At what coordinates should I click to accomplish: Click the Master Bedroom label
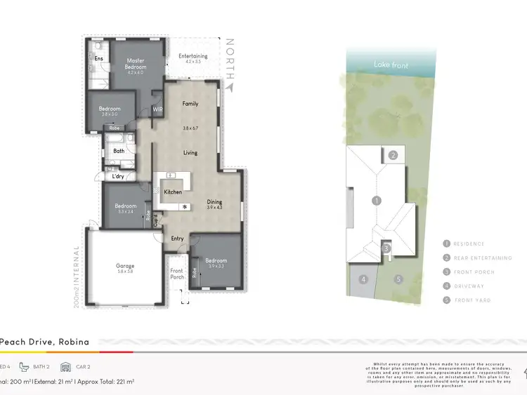pyautogui.click(x=135, y=61)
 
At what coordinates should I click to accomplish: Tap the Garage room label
pyautogui.click(x=125, y=266)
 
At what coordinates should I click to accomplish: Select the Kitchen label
pyautogui.click(x=173, y=192)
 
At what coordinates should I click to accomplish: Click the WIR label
pyautogui.click(x=157, y=109)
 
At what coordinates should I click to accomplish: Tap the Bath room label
pyautogui.click(x=119, y=150)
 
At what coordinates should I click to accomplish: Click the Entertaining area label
pyautogui.click(x=193, y=56)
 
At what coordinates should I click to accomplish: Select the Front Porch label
pyautogui.click(x=177, y=273)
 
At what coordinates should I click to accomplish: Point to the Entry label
pyautogui.click(x=178, y=239)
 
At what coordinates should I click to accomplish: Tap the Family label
pyautogui.click(x=190, y=104)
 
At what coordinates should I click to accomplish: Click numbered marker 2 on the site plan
pyautogui.click(x=394, y=155)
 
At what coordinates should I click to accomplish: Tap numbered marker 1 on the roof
pyautogui.click(x=377, y=201)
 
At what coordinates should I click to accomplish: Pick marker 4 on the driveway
pyautogui.click(x=363, y=279)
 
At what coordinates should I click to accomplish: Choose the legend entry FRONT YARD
pyautogui.click(x=472, y=300)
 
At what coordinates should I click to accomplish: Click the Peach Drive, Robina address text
pyautogui.click(x=44, y=342)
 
